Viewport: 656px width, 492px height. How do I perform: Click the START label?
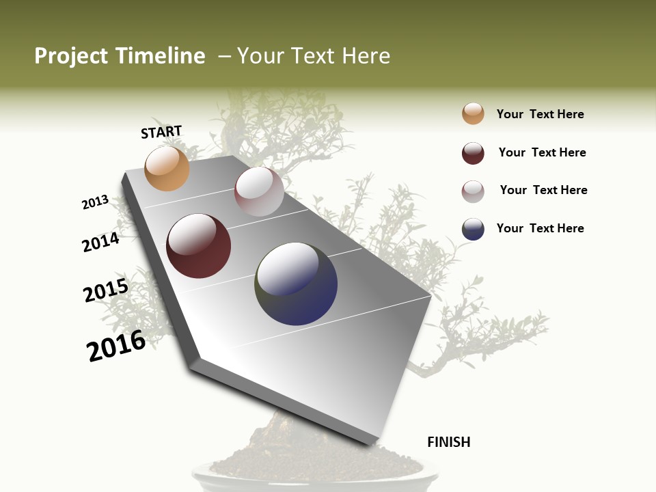tap(161, 132)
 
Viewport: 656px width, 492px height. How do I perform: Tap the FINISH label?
tap(449, 442)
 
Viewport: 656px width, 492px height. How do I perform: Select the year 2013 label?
tap(96, 202)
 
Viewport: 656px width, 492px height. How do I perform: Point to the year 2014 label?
tap(100, 242)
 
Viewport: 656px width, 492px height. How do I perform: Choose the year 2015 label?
tap(106, 290)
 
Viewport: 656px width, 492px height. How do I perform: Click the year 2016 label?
tap(116, 346)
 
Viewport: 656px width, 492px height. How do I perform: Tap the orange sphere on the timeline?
tap(167, 168)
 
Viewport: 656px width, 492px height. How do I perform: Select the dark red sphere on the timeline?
tap(199, 246)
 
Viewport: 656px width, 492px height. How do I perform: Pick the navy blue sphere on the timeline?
tap(296, 284)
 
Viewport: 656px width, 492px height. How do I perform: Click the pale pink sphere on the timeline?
tap(259, 191)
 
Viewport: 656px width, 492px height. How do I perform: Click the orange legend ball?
tap(473, 113)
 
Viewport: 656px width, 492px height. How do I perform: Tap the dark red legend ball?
tap(473, 153)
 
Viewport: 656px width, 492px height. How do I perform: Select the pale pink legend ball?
tap(473, 191)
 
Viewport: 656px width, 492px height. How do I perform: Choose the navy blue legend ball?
tap(473, 229)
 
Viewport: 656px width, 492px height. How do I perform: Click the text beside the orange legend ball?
tap(540, 114)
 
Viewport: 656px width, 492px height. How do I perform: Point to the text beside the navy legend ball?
tap(540, 228)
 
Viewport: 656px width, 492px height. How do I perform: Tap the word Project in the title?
tap(71, 56)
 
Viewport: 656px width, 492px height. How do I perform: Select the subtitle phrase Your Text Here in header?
tap(314, 56)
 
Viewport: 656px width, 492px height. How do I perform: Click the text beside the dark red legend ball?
tap(542, 152)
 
